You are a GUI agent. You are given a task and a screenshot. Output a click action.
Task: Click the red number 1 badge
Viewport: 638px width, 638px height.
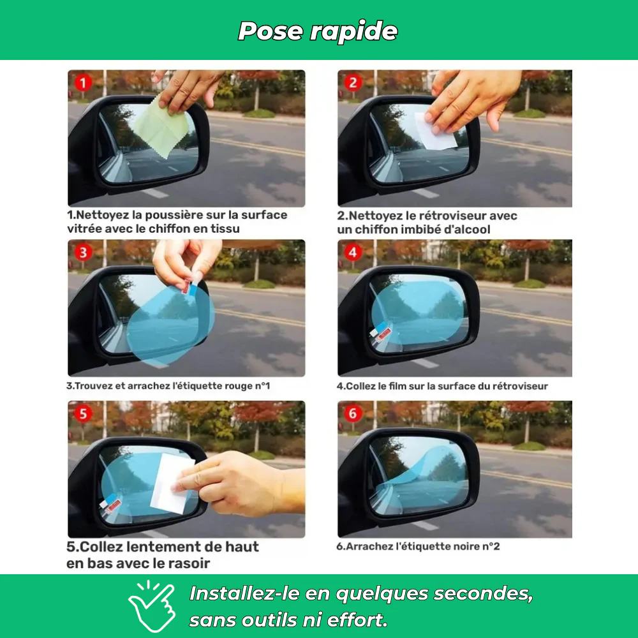pyautogui.click(x=83, y=84)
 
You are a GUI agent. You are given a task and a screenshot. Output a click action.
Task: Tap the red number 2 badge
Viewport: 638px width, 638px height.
pyautogui.click(x=353, y=83)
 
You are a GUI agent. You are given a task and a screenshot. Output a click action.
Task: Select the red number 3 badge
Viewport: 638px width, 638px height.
pyautogui.click(x=83, y=252)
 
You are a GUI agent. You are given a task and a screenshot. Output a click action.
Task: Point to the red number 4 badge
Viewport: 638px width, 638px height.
pyautogui.click(x=353, y=252)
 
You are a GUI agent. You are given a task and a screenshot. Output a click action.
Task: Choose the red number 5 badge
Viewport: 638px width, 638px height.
pyautogui.click(x=83, y=414)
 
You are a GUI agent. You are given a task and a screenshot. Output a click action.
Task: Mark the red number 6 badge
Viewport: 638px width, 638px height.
pyautogui.click(x=353, y=414)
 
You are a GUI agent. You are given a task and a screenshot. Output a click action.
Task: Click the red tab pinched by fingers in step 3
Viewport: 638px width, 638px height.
pyautogui.click(x=186, y=287)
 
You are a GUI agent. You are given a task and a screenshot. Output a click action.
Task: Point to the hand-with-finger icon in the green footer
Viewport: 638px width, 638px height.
pyautogui.click(x=151, y=606)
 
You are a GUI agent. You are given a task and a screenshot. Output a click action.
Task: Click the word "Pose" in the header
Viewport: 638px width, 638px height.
pyautogui.click(x=271, y=31)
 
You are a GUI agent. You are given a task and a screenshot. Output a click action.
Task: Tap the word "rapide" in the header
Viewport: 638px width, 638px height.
pyautogui.click(x=354, y=32)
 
